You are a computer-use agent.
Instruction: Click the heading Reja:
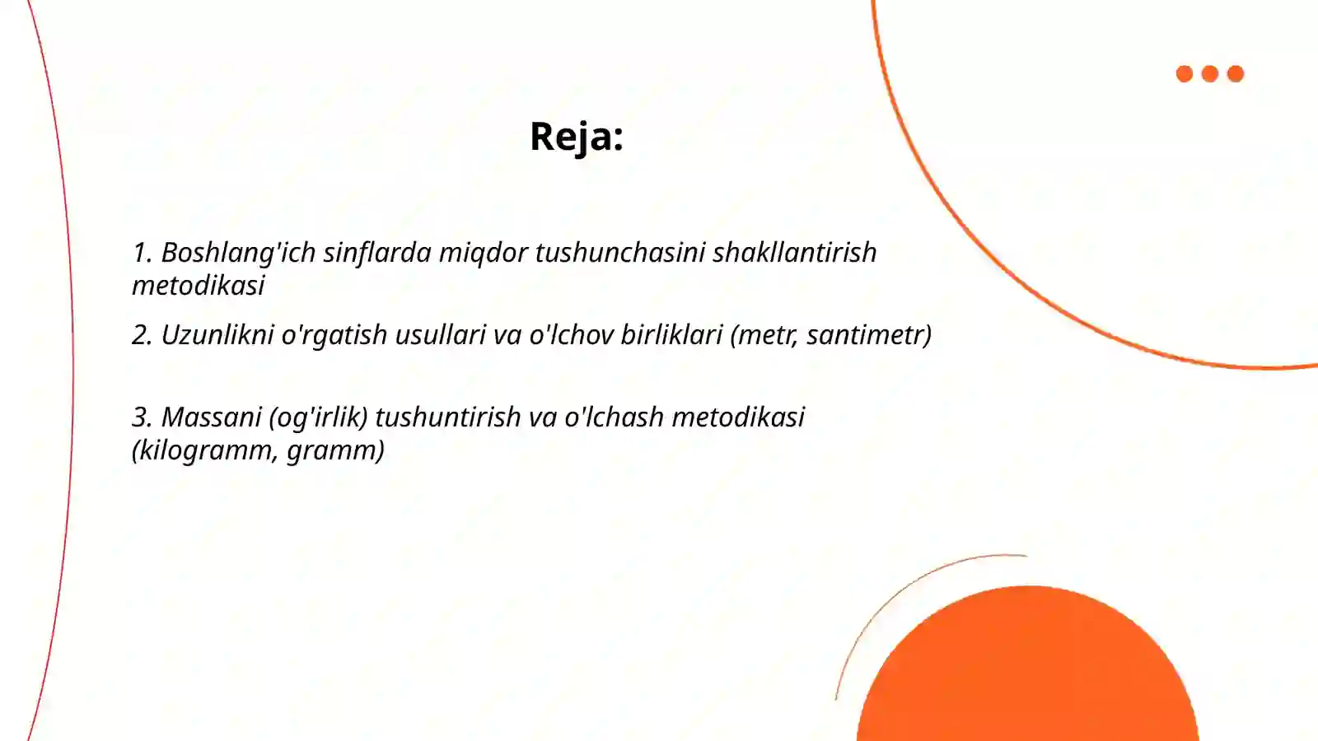576,137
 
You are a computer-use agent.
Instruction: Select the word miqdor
483,253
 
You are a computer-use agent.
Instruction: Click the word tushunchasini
619,253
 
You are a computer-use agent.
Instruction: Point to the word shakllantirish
794,253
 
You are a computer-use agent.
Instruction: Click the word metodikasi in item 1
198,286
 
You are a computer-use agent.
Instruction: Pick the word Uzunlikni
217,335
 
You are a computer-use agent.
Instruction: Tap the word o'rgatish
334,335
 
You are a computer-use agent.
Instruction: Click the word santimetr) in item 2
869,335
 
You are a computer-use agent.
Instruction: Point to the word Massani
211,417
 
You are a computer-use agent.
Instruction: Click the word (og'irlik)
318,417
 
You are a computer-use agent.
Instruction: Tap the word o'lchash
614,417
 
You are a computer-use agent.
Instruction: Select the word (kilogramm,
205,450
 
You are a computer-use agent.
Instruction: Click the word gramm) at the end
335,450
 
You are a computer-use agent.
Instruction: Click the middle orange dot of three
1210,74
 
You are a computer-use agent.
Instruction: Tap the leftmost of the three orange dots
1185,74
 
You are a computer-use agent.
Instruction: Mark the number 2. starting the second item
142,335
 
